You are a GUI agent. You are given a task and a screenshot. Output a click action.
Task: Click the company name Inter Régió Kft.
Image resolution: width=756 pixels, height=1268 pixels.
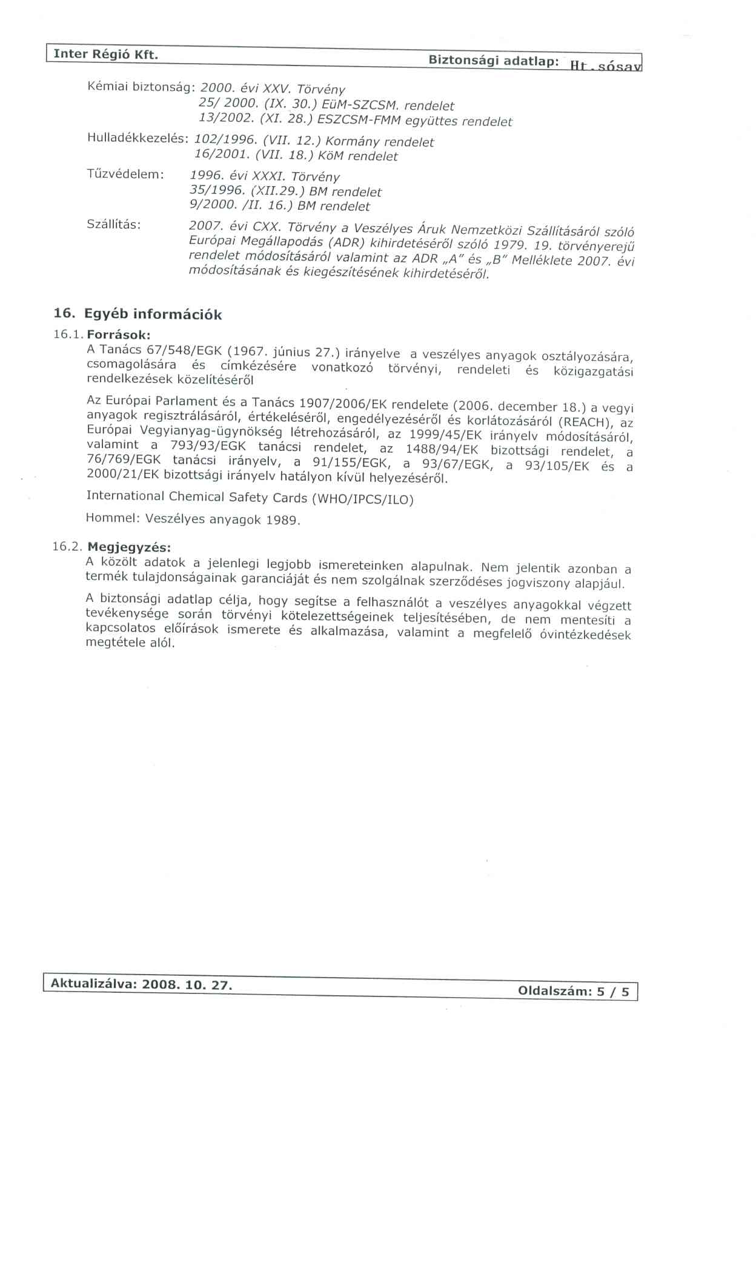106,55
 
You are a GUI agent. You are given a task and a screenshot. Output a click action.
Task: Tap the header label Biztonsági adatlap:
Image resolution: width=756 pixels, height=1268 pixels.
493,61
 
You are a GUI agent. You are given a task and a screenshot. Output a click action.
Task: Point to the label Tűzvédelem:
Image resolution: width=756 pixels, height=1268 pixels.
125,175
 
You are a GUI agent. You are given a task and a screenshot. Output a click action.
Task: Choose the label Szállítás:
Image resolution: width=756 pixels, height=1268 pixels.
114,224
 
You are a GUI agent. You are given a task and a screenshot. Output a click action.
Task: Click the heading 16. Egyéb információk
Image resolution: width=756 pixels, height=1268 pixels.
138,314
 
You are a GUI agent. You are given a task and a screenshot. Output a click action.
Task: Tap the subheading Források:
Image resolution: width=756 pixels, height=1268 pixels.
119,335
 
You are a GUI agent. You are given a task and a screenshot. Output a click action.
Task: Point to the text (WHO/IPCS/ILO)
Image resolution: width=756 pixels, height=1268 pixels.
362,499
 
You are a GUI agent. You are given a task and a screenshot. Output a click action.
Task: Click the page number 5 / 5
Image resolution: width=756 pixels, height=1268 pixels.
613,992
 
